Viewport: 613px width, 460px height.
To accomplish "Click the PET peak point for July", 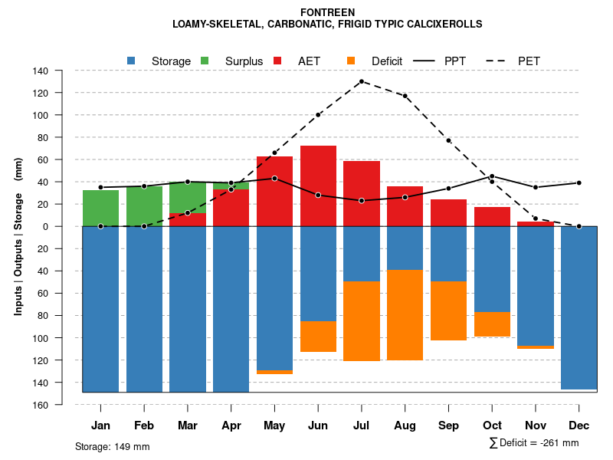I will coord(362,81).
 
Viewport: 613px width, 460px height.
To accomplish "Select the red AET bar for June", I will coord(318,186).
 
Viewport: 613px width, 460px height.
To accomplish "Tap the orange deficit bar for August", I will coord(405,315).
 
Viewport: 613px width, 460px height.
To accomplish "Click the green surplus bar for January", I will coord(100,208).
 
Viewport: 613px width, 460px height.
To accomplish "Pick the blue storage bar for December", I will coord(579,307).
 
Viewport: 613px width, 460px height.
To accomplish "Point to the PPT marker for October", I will coord(492,176).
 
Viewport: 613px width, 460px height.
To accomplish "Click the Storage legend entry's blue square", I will coord(131,61).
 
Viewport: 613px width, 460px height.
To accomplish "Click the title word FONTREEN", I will coord(327,12).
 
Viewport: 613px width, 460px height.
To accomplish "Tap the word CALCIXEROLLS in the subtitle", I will coord(445,25).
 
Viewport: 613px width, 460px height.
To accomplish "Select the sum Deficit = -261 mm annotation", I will coord(533,443).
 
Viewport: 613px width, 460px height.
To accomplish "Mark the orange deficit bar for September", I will coord(448,310).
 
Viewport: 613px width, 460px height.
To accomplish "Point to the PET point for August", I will coord(405,96).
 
